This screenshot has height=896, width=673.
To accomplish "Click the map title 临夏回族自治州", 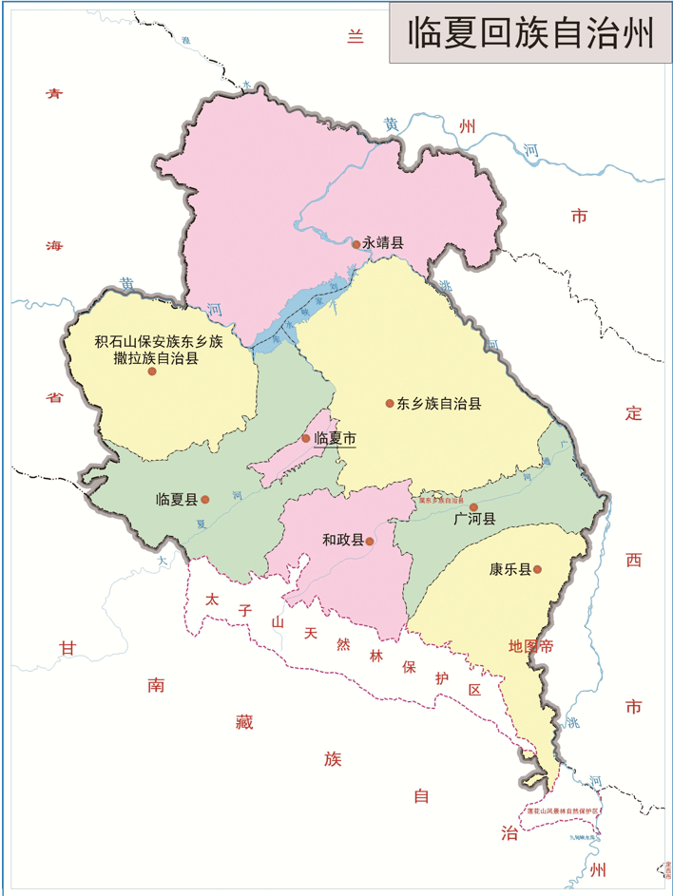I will [x=529, y=34].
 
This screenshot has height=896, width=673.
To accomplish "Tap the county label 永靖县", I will [x=383, y=243].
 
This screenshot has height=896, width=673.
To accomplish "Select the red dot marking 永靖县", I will [x=356, y=244].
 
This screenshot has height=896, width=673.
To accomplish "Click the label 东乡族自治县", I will [x=439, y=403].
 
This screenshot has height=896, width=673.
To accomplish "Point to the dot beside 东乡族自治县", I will [x=390, y=404].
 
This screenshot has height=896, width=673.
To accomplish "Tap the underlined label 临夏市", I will [x=335, y=438].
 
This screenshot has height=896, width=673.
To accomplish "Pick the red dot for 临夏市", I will [x=306, y=438].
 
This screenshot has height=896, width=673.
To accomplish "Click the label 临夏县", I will [x=177, y=499].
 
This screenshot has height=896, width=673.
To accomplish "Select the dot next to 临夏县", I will [x=205, y=498].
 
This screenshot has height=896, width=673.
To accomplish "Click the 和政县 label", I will [x=343, y=541].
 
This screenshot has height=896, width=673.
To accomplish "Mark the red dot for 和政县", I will [x=370, y=542].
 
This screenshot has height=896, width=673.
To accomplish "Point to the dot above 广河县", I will [x=473, y=506].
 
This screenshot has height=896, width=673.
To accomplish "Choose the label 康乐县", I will [x=510, y=570].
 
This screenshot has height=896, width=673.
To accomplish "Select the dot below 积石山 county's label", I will [x=152, y=372].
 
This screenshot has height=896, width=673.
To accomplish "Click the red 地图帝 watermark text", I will [x=530, y=646].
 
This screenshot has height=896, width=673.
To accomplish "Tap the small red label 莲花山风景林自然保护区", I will [x=565, y=810].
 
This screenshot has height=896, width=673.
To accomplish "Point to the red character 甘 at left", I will [x=67, y=648].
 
